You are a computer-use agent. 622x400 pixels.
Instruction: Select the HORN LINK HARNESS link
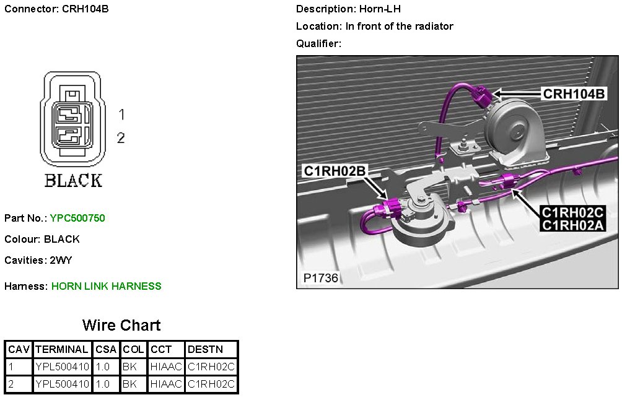point(106,286)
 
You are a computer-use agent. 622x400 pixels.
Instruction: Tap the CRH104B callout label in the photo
point(574,93)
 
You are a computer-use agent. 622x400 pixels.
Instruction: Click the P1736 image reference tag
point(321,278)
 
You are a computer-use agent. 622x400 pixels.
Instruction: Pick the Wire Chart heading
point(121,326)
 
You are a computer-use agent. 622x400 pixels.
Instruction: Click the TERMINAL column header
point(62,350)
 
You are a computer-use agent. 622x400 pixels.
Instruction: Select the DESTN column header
point(205,350)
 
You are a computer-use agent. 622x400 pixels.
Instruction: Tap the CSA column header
point(106,350)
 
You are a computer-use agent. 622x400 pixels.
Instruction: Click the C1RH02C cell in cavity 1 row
point(211,367)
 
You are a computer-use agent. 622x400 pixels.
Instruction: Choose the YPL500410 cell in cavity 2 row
point(63,384)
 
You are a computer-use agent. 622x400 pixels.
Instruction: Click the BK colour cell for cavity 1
point(129,367)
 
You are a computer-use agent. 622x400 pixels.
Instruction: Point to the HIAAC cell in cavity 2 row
point(166,384)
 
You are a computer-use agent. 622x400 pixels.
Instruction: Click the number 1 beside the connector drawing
point(122,115)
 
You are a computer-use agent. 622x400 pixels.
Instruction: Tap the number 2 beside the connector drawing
point(121,137)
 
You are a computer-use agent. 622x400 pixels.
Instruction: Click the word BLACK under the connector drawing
point(73,181)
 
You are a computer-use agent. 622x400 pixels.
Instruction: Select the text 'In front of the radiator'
point(399,26)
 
